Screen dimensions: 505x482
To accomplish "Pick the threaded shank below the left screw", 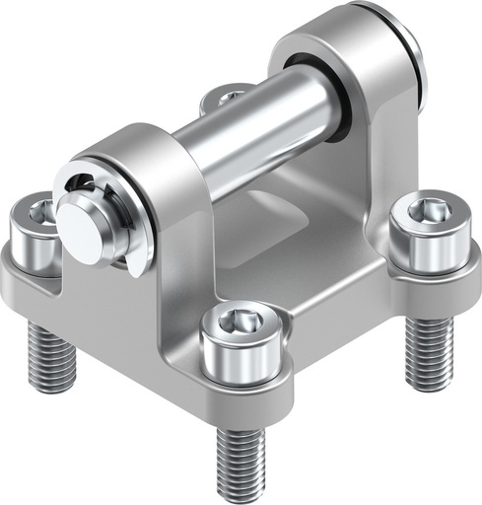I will click(x=52, y=355).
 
